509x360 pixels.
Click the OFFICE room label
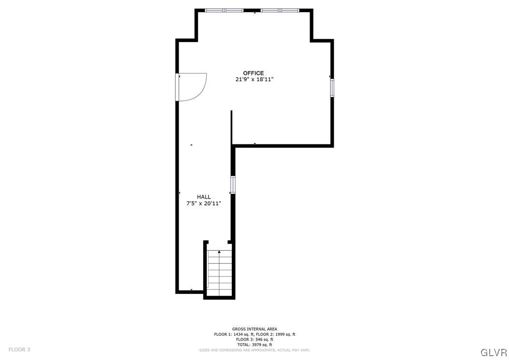click(253, 73)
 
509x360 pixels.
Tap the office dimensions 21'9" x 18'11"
click(254, 80)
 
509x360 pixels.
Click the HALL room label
click(204, 197)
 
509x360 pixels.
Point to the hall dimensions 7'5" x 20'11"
click(204, 203)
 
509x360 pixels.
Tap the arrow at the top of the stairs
click(219, 252)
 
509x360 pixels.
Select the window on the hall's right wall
click(233, 185)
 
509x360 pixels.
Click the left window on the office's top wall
click(224, 10)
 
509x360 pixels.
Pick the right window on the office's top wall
click(280, 10)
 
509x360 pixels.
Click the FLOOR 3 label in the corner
click(19, 349)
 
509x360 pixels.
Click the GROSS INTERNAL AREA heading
click(254, 329)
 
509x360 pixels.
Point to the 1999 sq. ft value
click(283, 334)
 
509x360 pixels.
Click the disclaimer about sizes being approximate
click(254, 350)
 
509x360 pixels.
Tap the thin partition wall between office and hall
click(231, 127)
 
